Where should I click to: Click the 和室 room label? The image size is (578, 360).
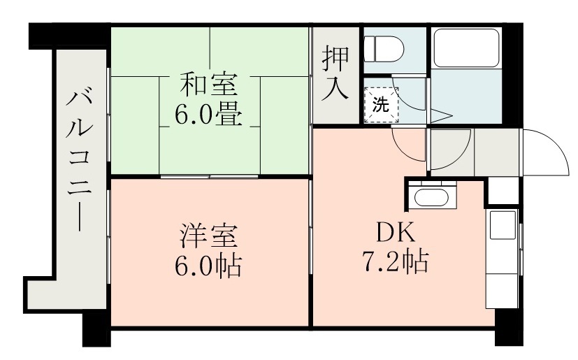pos(209,85)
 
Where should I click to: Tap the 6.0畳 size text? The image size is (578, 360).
pos(209,114)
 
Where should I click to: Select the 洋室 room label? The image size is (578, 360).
pos(209,235)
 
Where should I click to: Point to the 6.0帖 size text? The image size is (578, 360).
pos(209,265)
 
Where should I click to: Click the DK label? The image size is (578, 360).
pos(395,231)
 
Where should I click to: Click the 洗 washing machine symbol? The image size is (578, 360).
pos(380,106)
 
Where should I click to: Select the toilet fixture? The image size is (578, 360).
pos(384,48)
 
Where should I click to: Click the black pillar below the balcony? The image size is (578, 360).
pos(95,329)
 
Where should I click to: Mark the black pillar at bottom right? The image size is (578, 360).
pos(509,330)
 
